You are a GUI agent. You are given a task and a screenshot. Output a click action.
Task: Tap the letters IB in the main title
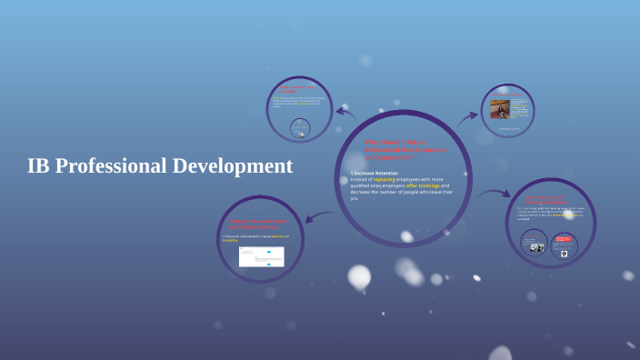(x=37, y=166)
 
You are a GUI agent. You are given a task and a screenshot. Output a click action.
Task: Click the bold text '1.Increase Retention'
(x=374, y=172)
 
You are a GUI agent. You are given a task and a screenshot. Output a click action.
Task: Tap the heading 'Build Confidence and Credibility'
(x=301, y=88)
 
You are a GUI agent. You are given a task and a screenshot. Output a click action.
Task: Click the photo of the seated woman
(x=500, y=110)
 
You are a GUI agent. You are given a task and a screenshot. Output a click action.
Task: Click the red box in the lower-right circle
(x=563, y=241)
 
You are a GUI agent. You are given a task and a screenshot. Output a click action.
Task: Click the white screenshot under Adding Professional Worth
(x=261, y=256)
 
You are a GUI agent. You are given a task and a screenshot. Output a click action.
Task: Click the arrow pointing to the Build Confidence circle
(x=345, y=113)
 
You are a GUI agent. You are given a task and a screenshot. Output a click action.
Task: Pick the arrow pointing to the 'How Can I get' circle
(x=495, y=193)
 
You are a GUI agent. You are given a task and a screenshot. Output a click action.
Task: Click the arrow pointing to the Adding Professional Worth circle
(x=318, y=216)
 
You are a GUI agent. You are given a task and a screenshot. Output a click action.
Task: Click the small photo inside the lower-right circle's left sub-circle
(x=537, y=246)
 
